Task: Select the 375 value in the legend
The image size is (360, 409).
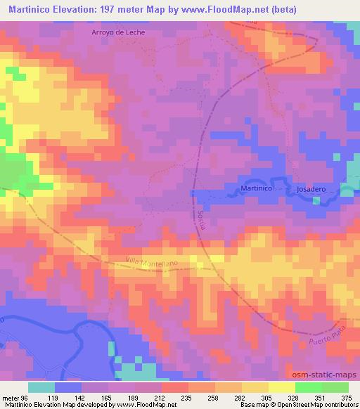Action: pyautogui.click(x=347, y=397)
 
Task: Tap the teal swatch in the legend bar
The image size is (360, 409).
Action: pyautogui.click(x=42, y=387)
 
